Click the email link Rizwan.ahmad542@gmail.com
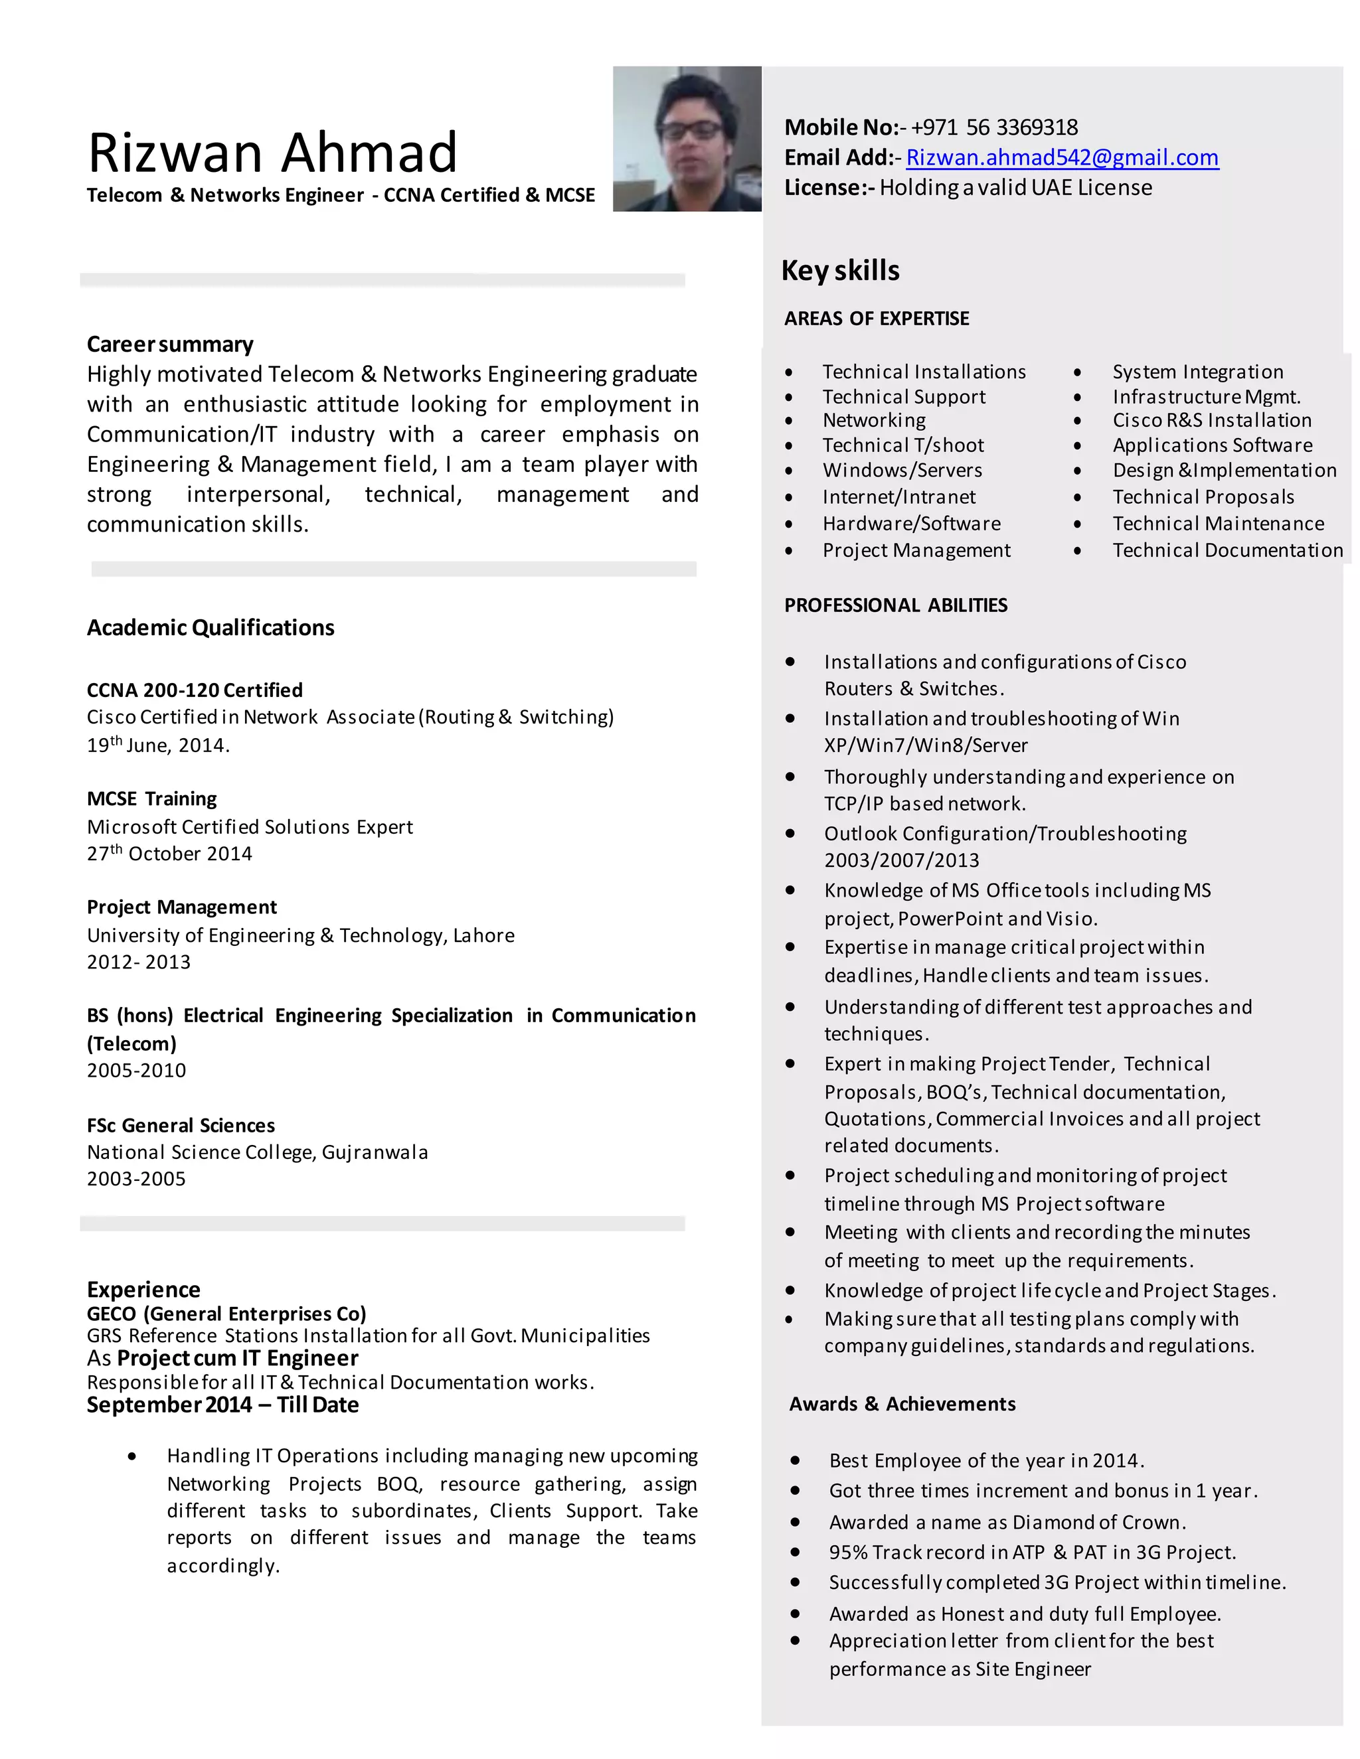pos(1061,157)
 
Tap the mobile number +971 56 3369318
pos(994,127)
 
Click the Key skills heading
pos(839,271)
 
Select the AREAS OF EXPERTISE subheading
pos(876,318)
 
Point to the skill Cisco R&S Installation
pos(1211,420)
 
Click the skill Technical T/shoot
pos(902,445)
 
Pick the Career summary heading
pos(169,344)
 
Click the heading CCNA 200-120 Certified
pos(194,690)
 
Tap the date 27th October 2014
pos(169,854)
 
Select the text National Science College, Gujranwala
pos(257,1152)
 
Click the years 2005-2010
pos(136,1071)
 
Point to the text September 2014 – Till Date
pos(222,1405)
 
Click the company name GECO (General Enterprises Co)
pos(226,1314)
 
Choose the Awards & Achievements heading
pos(902,1404)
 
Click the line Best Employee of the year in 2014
pos(986,1460)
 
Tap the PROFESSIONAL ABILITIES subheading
pos(895,605)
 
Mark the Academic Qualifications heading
pos(211,627)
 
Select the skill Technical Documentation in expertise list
pos(1227,550)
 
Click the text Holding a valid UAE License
pos(1015,188)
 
